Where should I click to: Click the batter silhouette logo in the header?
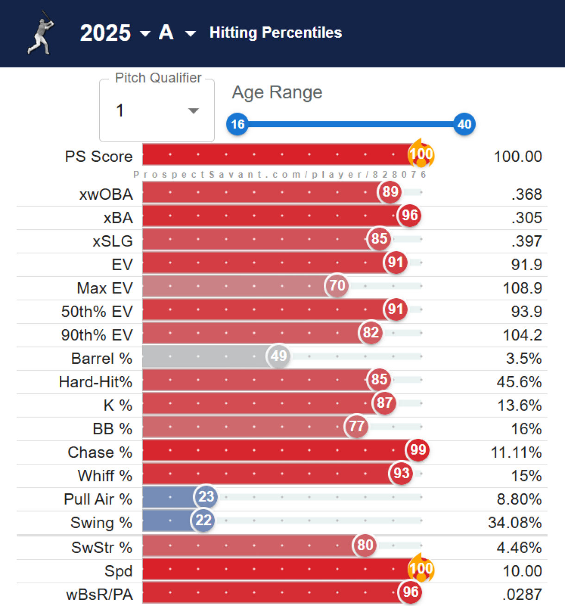[x=41, y=32]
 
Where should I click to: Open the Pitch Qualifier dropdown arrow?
[x=193, y=111]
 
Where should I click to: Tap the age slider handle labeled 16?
[x=237, y=124]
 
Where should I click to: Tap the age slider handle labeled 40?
[x=464, y=124]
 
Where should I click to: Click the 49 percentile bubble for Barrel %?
[x=279, y=356]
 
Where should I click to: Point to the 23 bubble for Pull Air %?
[x=206, y=497]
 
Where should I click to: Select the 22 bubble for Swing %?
[x=203, y=520]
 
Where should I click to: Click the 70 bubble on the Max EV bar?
[x=337, y=285]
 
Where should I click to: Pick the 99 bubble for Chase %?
[x=418, y=450]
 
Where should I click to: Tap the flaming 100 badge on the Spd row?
[x=421, y=568]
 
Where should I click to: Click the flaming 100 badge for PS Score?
[x=421, y=154]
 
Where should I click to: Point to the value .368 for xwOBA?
[x=527, y=194]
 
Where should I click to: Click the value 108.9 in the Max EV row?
[x=522, y=288]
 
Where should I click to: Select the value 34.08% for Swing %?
[x=515, y=523]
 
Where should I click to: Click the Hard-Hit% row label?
[x=95, y=382]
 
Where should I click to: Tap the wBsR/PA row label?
[x=99, y=594]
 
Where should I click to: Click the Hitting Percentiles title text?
[x=276, y=33]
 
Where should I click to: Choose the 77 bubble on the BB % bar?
[x=357, y=426]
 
